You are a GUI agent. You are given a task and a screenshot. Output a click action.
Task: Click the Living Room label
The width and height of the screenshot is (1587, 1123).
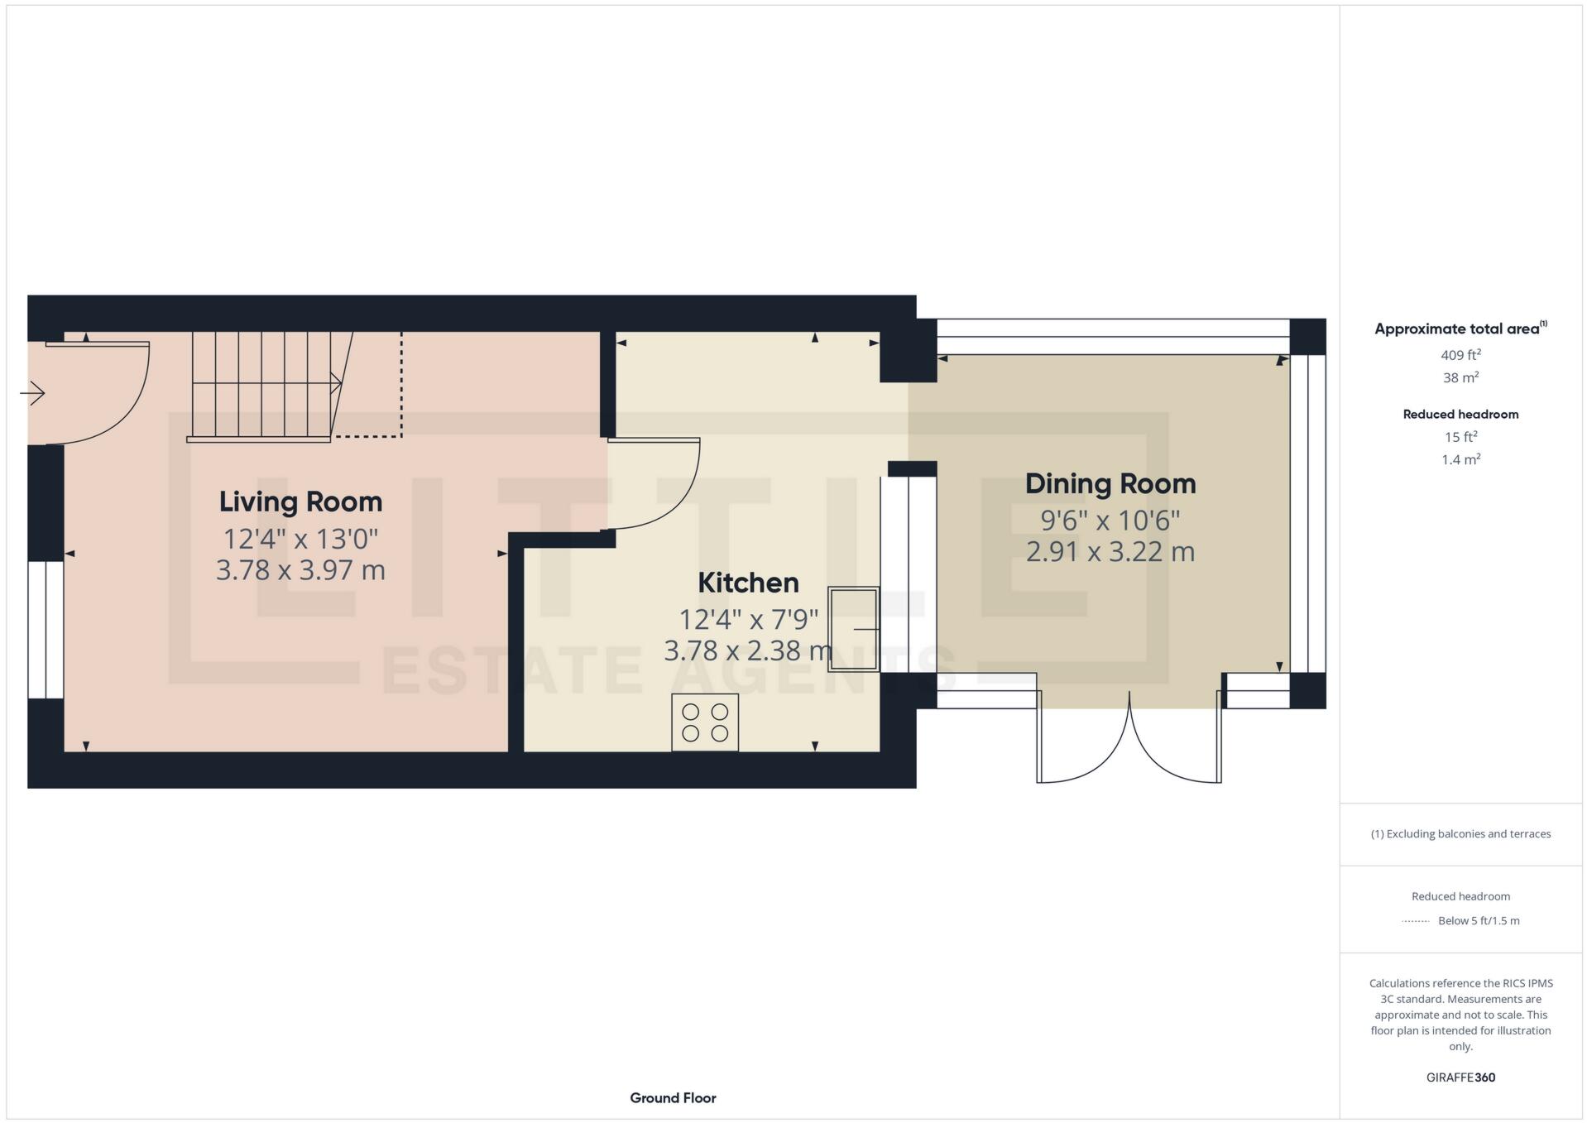click(x=300, y=502)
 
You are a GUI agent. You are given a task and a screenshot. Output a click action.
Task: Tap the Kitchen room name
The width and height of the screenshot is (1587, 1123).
click(x=748, y=583)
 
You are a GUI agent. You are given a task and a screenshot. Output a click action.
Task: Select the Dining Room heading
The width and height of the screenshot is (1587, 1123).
click(x=1110, y=483)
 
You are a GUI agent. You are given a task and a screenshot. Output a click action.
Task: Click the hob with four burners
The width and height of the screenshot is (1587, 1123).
click(x=705, y=722)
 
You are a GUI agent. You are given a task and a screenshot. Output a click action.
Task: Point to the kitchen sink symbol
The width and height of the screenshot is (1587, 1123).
click(x=853, y=629)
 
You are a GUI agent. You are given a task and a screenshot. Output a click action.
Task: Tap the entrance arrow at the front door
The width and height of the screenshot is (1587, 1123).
click(x=32, y=392)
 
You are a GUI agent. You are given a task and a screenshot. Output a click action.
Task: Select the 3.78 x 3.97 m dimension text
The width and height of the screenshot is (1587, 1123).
click(x=300, y=570)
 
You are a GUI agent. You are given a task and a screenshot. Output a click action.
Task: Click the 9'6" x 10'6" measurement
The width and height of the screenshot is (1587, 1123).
click(x=1110, y=521)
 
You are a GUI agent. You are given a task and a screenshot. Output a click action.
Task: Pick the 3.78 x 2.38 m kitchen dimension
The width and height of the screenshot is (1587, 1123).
click(x=748, y=650)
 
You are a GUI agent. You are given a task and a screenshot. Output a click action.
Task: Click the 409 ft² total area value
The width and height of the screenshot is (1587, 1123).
click(x=1460, y=355)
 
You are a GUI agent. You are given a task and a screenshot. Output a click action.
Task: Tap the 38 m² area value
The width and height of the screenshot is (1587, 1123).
click(x=1460, y=377)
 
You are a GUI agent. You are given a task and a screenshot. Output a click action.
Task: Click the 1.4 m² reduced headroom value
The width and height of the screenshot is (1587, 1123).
click(x=1460, y=459)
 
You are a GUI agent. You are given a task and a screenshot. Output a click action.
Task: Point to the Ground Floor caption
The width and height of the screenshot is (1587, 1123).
click(x=673, y=1098)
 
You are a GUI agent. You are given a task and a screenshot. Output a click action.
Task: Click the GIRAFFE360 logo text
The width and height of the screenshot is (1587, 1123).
click(x=1460, y=1077)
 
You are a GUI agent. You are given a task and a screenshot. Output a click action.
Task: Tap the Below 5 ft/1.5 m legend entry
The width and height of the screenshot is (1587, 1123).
click(x=1478, y=920)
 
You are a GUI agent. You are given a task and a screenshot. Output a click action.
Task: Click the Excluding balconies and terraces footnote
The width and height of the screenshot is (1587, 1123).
click(x=1460, y=833)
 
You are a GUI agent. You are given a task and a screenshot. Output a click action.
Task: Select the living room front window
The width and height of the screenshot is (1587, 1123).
click(x=46, y=630)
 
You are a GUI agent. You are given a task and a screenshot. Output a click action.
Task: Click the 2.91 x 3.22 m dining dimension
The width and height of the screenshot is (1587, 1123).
click(x=1110, y=552)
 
